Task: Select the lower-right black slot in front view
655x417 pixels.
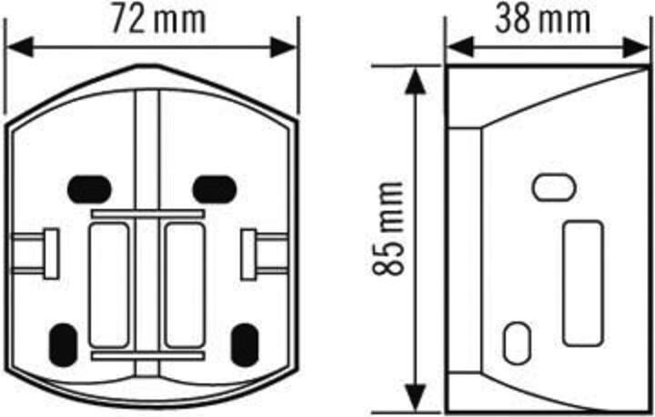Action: pyautogui.click(x=245, y=342)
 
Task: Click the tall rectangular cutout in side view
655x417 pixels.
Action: pyautogui.click(x=583, y=283)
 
